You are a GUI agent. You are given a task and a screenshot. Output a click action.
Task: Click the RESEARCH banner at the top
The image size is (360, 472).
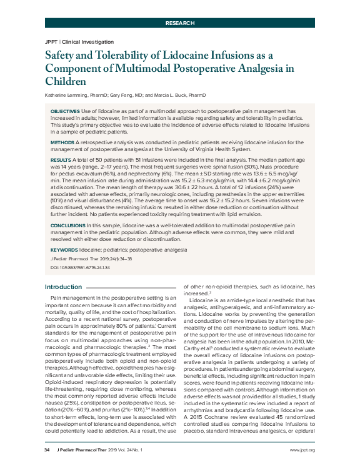tap(179, 22)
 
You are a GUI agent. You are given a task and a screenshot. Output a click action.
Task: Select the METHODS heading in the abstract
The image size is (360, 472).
tap(61, 143)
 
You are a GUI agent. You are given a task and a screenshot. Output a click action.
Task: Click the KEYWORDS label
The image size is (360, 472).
tap(64, 248)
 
